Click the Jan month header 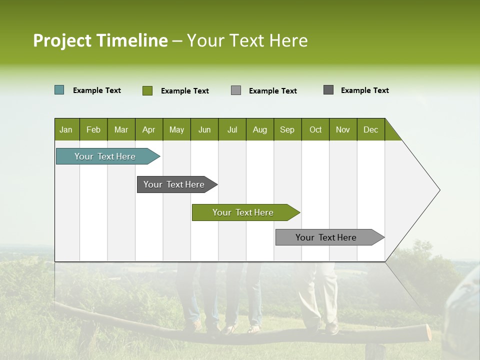point(66,129)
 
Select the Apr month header point(148,129)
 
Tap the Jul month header point(232,129)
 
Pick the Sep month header point(287,129)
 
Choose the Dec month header point(370,129)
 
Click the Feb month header point(93,129)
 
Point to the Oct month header point(315,129)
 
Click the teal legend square point(59,90)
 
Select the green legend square point(147,90)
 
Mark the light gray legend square point(236,90)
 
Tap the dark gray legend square point(328,90)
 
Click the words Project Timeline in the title point(100,40)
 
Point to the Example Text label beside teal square point(97,90)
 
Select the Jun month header point(204,129)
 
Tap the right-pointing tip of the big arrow point(438,190)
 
